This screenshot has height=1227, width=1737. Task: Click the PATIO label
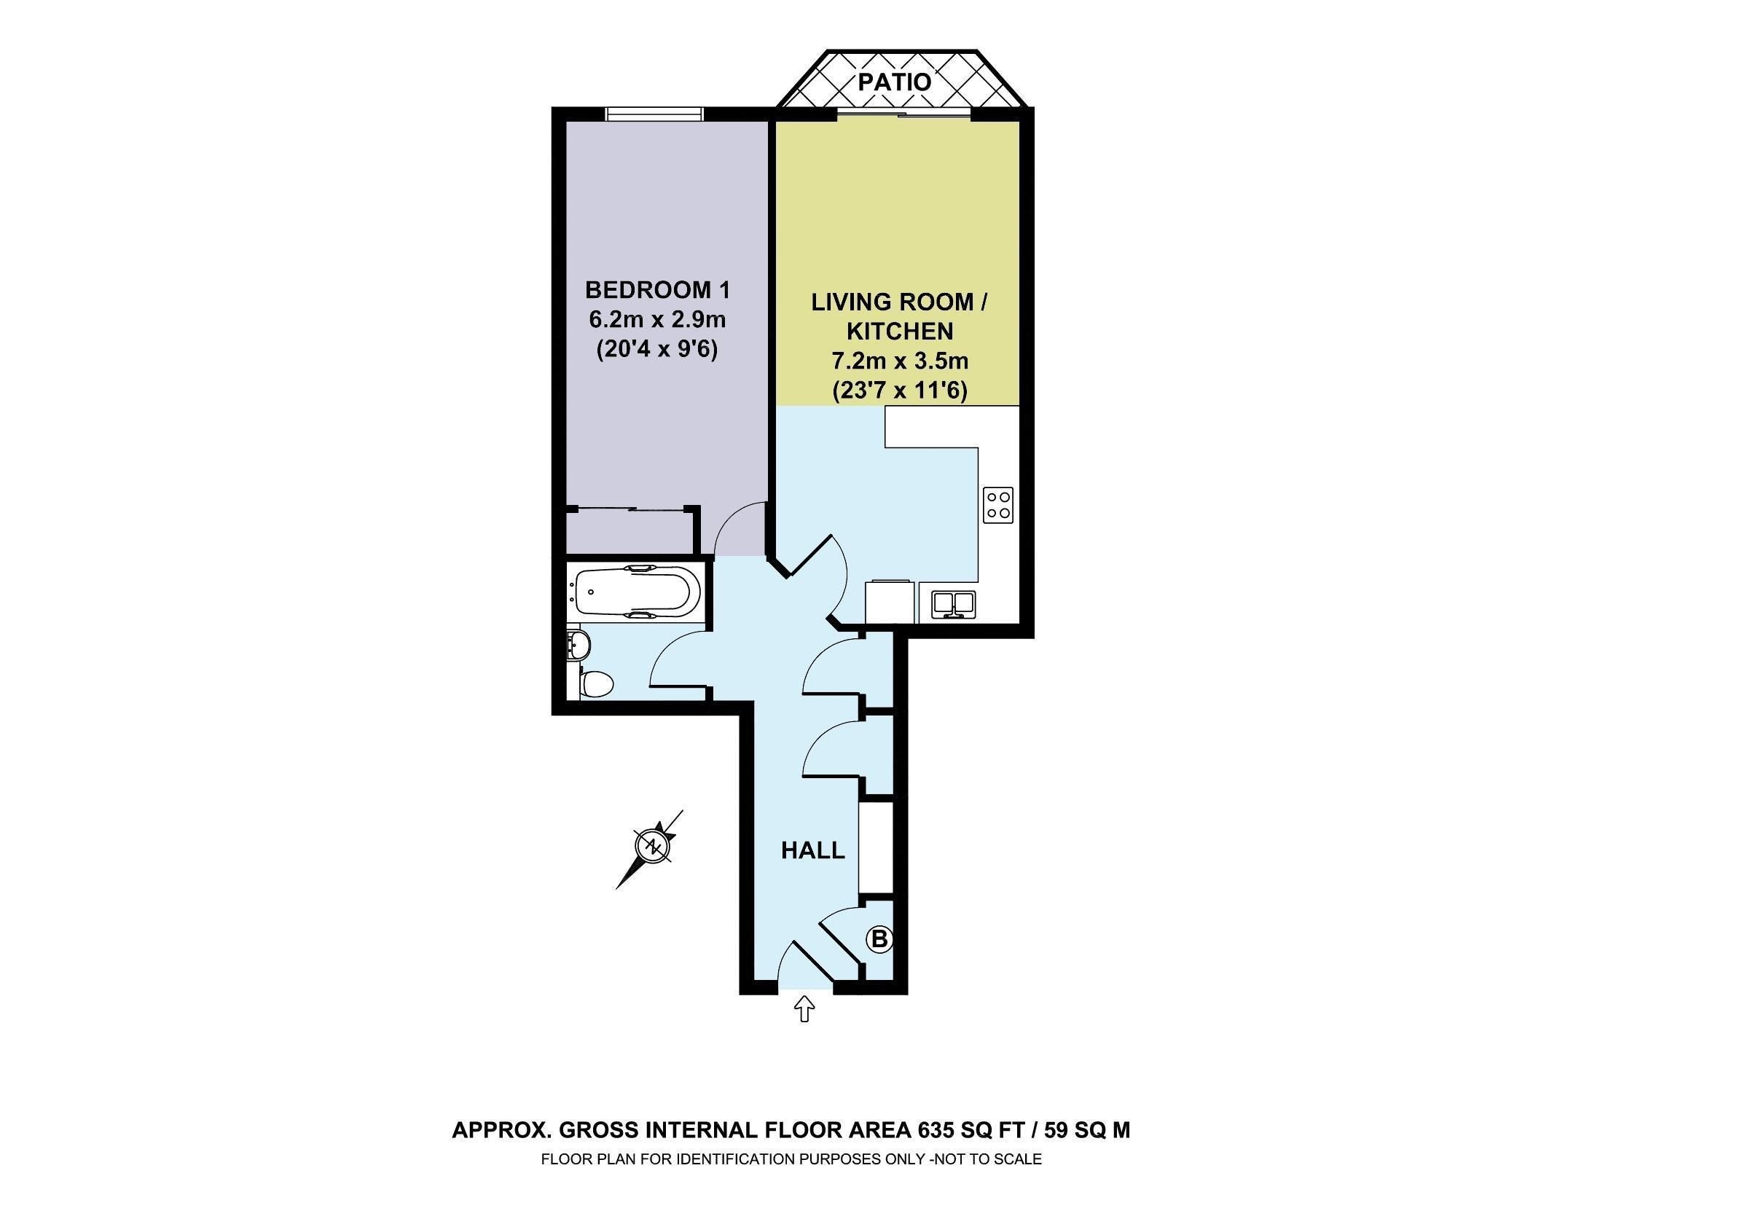point(894,81)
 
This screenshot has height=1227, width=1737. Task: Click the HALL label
point(812,851)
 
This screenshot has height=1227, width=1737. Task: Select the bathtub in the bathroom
point(632,592)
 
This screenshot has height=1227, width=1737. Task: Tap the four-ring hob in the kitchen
point(998,504)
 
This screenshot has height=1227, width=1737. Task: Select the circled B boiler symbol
point(879,939)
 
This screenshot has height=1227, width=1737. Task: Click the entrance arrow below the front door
point(804,1009)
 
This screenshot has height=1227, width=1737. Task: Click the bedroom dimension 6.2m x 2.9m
point(656,320)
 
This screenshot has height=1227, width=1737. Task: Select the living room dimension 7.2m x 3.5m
point(900,361)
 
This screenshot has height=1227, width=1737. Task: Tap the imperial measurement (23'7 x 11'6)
point(900,391)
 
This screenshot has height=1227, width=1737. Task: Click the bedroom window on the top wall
point(654,114)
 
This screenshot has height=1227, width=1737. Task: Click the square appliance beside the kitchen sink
point(890,601)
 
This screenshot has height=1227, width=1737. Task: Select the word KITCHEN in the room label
point(900,332)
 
